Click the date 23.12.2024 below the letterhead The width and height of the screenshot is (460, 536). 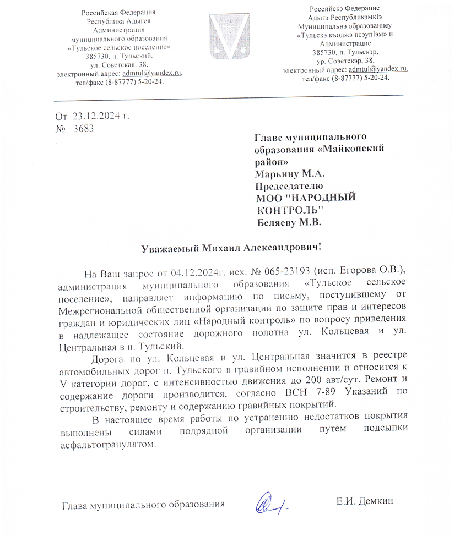tap(97, 116)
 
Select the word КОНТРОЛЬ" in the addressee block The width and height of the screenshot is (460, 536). tap(290, 210)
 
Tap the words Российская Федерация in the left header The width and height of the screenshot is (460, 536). tap(118, 13)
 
